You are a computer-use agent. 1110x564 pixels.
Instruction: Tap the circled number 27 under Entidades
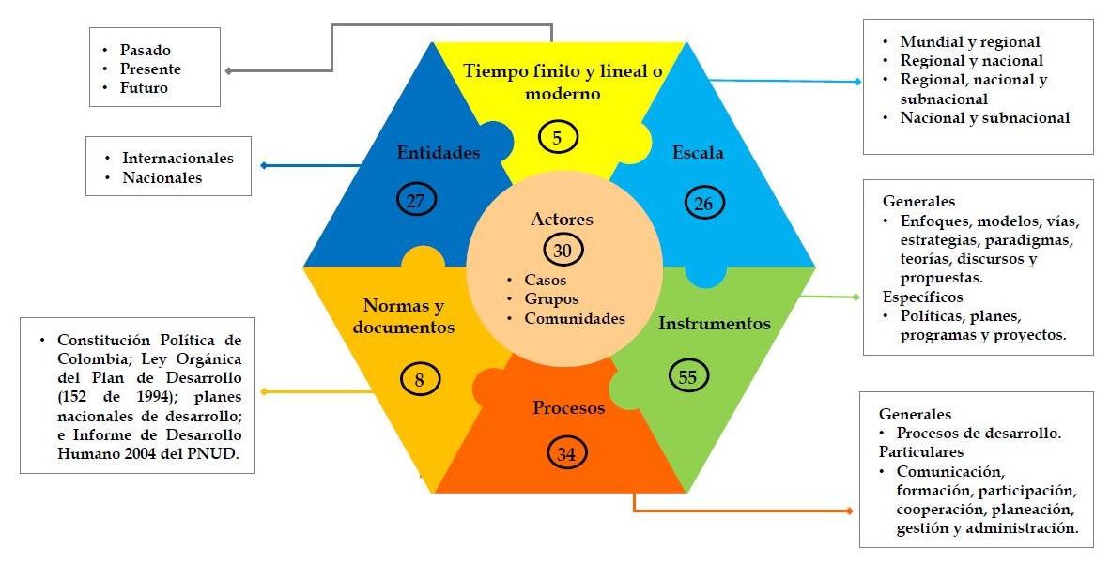(415, 200)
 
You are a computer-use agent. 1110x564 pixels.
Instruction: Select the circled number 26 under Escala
(701, 201)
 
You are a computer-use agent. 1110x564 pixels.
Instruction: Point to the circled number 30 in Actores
(563, 251)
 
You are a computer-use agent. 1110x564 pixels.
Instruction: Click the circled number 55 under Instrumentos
(688, 375)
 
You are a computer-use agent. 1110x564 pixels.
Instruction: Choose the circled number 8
(420, 381)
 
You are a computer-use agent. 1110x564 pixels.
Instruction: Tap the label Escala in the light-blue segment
(698, 152)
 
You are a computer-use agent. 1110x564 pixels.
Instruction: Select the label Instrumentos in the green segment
(715, 324)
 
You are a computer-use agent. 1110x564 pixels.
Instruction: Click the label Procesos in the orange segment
(569, 407)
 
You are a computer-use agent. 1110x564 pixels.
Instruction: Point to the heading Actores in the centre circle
(563, 220)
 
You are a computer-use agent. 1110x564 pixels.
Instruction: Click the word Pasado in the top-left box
(146, 50)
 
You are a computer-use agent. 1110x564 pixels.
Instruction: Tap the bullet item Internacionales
(177, 158)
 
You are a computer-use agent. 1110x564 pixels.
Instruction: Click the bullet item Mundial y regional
(970, 41)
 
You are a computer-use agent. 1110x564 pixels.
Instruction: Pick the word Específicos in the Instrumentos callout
(922, 297)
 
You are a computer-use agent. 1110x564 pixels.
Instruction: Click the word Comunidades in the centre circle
(576, 318)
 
